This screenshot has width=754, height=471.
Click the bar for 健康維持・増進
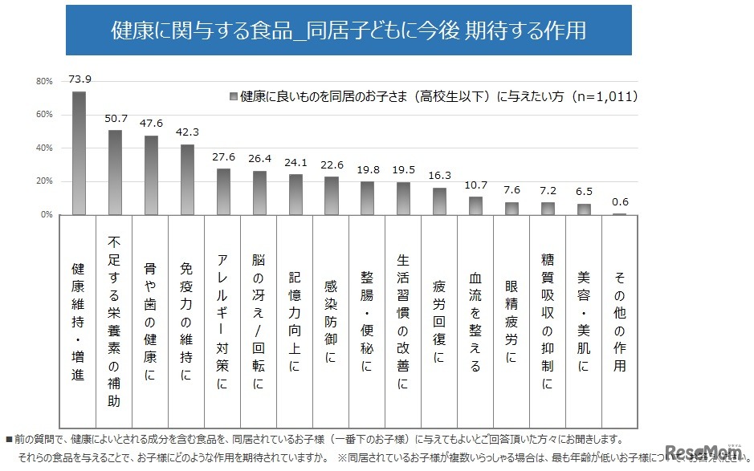pyautogui.click(x=79, y=153)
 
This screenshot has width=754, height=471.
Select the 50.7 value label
pyautogui.click(x=115, y=118)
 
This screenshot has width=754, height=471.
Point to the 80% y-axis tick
pyautogui.click(x=44, y=81)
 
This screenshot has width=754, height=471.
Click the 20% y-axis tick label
pyautogui.click(x=44, y=182)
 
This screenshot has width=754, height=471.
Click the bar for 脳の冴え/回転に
pyautogui.click(x=259, y=193)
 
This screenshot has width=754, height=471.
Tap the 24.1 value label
pyautogui.click(x=295, y=162)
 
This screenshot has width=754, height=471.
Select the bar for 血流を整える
pyautogui.click(x=475, y=206)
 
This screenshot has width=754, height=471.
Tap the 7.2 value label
pyautogui.click(x=548, y=191)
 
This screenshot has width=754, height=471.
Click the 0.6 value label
pyautogui.click(x=619, y=201)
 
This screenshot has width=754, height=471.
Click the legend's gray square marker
pyautogui.click(x=233, y=96)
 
